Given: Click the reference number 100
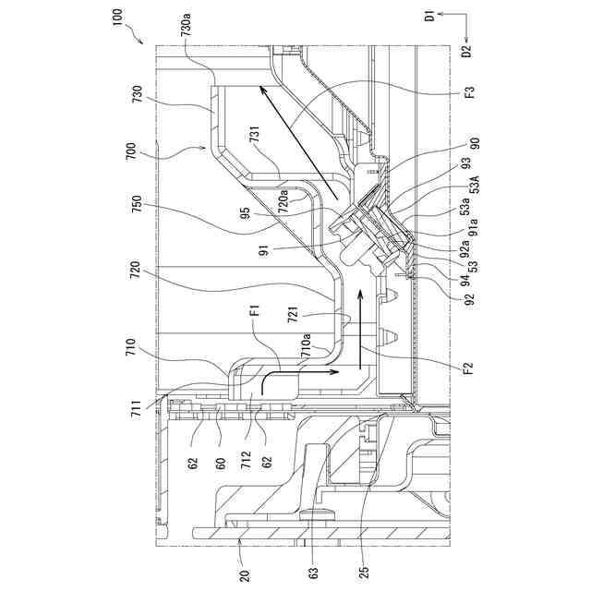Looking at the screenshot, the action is [117, 17].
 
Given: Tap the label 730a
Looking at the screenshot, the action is [187, 24].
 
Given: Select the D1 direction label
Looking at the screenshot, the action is [429, 17].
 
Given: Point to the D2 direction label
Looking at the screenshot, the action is [466, 51].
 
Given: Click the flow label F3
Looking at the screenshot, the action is [470, 92].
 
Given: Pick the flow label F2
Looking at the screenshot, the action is [467, 368].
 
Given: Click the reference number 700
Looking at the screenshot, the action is [131, 151].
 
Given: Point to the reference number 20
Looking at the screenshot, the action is [244, 576].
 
